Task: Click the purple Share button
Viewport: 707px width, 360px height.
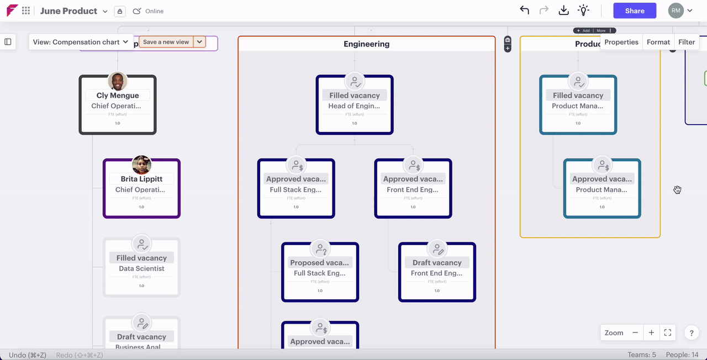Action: (x=635, y=10)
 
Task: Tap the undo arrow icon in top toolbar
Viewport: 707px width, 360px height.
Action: (x=524, y=10)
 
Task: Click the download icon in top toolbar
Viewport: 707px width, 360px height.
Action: (x=563, y=10)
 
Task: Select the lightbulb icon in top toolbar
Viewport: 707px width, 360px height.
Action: (x=583, y=10)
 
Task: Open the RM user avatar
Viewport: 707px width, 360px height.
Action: (x=676, y=10)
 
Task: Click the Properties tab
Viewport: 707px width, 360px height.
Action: (x=621, y=42)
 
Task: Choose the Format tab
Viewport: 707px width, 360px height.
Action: (x=658, y=42)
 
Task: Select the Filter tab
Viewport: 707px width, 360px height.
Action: (x=687, y=42)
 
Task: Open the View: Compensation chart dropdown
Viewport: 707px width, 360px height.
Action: (x=81, y=42)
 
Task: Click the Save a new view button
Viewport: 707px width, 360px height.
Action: (x=166, y=42)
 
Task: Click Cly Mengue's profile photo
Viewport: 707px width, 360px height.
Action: (x=118, y=81)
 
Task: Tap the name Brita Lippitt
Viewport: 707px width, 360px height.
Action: (x=141, y=179)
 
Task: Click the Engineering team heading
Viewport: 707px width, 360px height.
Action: (x=366, y=44)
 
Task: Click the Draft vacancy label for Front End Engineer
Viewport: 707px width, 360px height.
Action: (x=437, y=263)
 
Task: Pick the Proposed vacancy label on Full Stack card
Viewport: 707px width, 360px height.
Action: (x=320, y=263)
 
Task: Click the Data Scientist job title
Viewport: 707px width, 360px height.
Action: (x=141, y=269)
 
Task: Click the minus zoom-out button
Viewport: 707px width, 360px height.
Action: (x=635, y=333)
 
